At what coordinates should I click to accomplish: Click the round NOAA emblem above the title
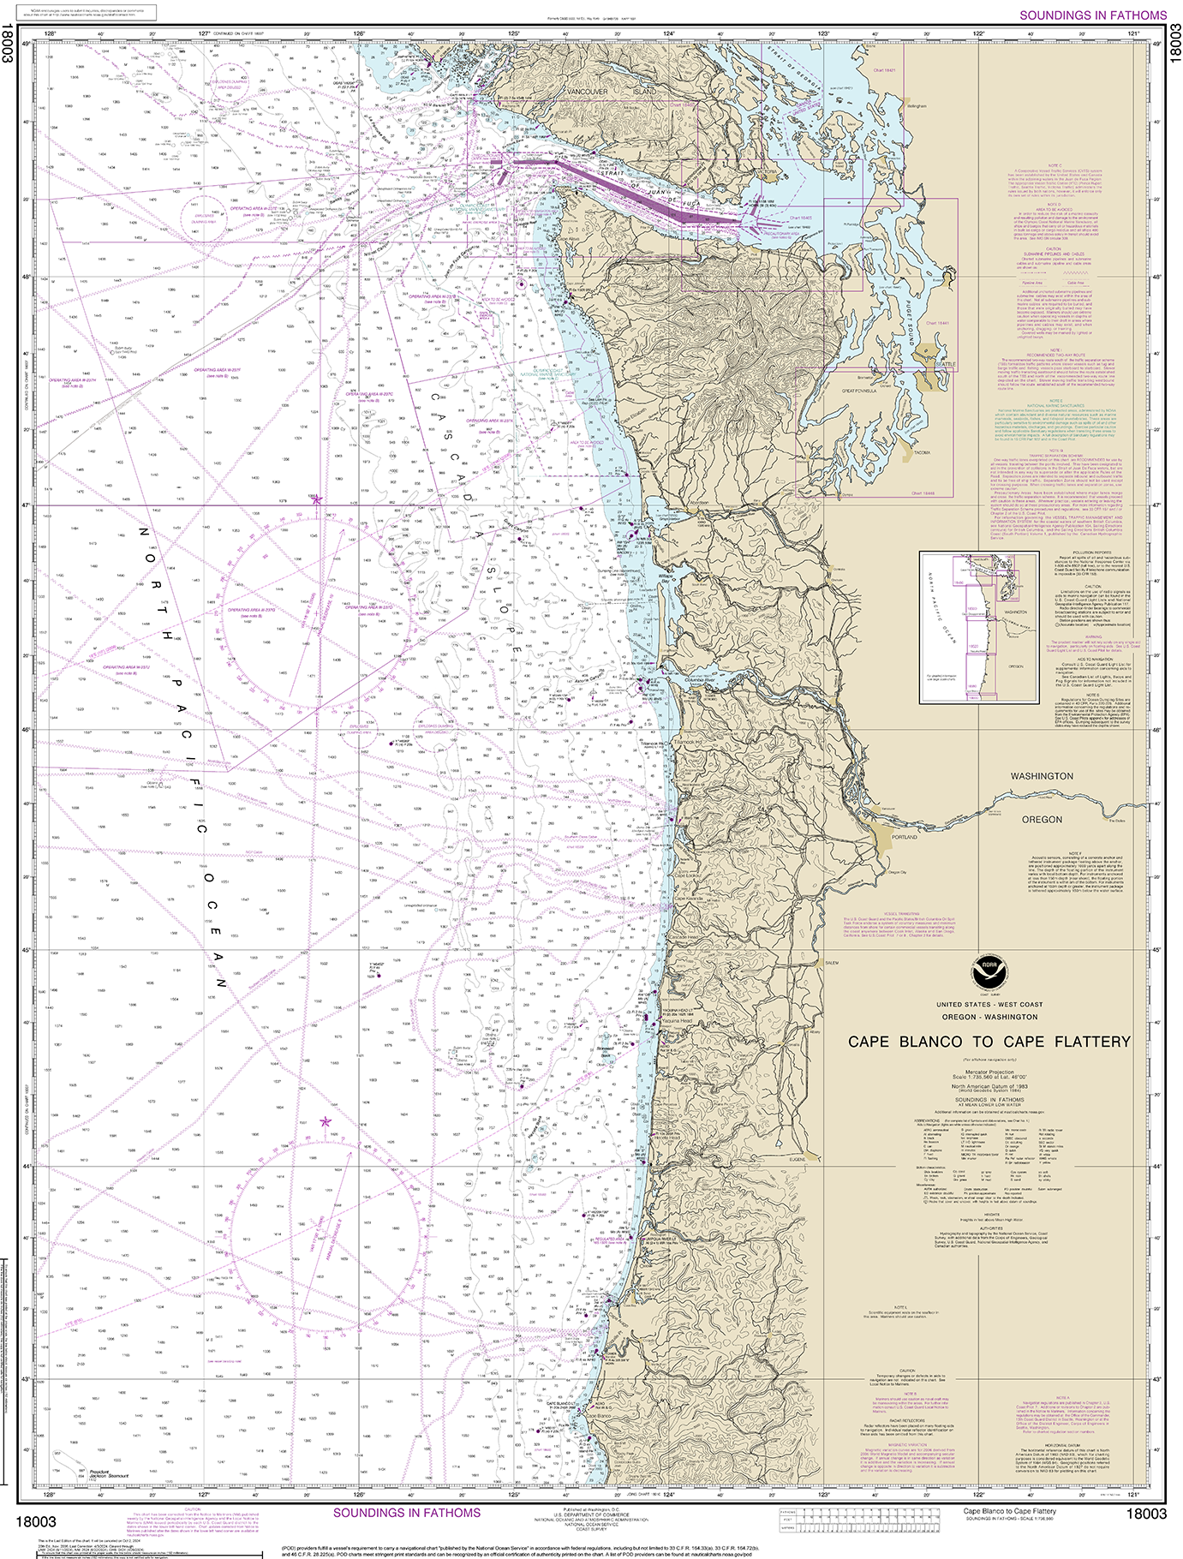pos(989,972)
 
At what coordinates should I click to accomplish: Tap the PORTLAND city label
pos(904,837)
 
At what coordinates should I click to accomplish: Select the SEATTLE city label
pos(945,365)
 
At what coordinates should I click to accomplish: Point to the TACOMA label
pos(922,451)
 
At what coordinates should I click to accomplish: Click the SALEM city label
pos(830,963)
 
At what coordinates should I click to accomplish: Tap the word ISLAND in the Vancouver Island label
pos(644,91)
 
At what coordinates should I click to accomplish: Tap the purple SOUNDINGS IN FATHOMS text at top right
pos(1092,15)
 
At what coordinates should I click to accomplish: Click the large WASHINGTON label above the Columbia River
pos(1041,775)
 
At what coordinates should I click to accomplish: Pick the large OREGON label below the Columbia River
pos(1042,819)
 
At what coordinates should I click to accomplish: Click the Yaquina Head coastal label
pos(677,1022)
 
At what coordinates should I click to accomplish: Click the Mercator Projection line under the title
pos(989,1072)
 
